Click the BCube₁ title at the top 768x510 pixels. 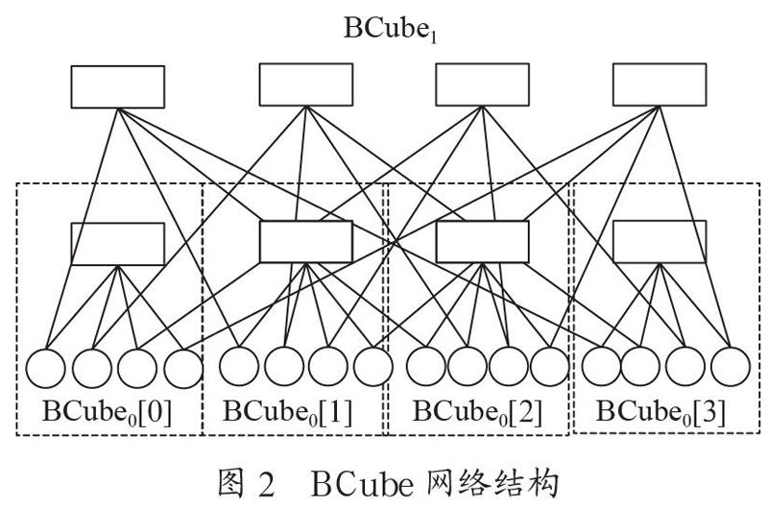pos(391,29)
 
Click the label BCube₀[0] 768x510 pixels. pos(108,411)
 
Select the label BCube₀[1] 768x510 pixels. pos(288,411)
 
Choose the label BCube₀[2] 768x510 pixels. pos(478,411)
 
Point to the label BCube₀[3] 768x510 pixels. pos(660,411)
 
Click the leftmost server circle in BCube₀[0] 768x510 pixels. pos(45,369)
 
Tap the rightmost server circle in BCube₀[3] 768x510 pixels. pos(731,367)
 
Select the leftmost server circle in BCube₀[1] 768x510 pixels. pos(239,367)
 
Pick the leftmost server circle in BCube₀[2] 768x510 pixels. pos(426,367)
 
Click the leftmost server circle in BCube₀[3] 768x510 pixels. pos(602,367)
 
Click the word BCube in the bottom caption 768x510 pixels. pos(362,484)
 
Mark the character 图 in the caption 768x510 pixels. pos(230,483)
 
